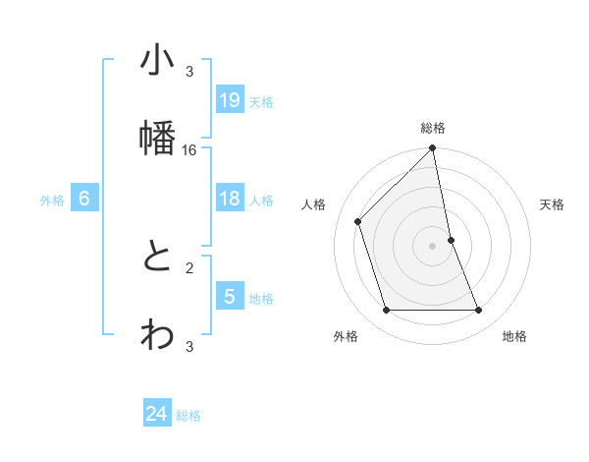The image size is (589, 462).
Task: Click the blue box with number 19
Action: point(230,99)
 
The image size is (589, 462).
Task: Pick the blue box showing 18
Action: point(230,199)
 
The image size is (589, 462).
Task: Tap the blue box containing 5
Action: point(230,296)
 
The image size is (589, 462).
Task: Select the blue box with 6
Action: point(84,199)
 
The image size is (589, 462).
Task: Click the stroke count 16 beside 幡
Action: point(189,149)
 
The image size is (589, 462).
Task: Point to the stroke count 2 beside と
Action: point(189,266)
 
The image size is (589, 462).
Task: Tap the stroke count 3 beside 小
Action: point(189,72)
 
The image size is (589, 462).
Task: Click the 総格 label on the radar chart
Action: point(433,129)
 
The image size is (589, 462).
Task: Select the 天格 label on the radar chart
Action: point(553,204)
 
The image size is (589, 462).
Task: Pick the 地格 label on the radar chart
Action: point(514,336)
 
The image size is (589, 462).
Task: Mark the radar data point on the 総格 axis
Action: point(433,149)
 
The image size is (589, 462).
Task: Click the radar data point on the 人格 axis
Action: point(358,221)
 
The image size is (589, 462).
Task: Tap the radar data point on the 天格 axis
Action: point(451,240)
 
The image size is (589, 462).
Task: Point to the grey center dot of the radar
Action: point(433,246)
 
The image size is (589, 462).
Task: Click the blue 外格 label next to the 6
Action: point(52,201)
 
